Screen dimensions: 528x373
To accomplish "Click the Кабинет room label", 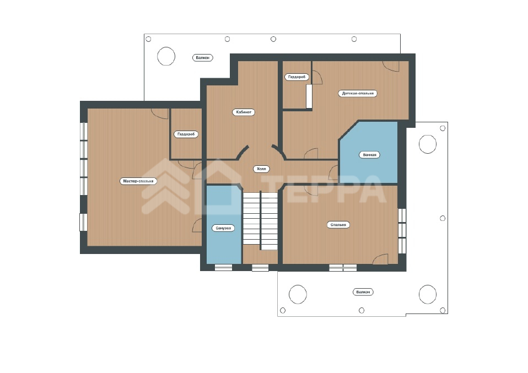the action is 244,112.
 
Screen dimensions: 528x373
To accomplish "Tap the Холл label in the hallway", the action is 261,169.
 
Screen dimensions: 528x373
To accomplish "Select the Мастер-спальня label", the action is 138,181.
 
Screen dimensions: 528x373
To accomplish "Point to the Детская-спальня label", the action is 358,93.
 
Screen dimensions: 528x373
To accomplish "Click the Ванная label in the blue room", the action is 369,155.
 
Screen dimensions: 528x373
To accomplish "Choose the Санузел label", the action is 223,228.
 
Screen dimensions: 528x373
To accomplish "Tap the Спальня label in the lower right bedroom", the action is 338,225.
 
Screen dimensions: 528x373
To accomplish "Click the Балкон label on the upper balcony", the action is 202,57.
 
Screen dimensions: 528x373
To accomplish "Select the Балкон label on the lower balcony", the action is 363,292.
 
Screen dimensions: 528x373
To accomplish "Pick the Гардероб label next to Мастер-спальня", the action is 186,134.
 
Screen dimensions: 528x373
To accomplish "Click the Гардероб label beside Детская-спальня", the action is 297,77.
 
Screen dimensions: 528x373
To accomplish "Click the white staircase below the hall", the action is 260,220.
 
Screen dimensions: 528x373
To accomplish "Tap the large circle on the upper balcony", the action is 166,56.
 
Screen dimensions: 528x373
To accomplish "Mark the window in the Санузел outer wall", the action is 223,268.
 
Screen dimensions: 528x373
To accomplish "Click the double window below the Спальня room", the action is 343,268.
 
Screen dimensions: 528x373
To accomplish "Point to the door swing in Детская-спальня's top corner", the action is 391,67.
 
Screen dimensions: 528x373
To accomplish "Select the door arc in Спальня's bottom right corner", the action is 380,259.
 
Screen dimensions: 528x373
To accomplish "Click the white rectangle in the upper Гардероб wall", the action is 309,96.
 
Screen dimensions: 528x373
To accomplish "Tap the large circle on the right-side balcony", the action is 428,144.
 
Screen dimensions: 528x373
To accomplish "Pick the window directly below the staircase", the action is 260,268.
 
